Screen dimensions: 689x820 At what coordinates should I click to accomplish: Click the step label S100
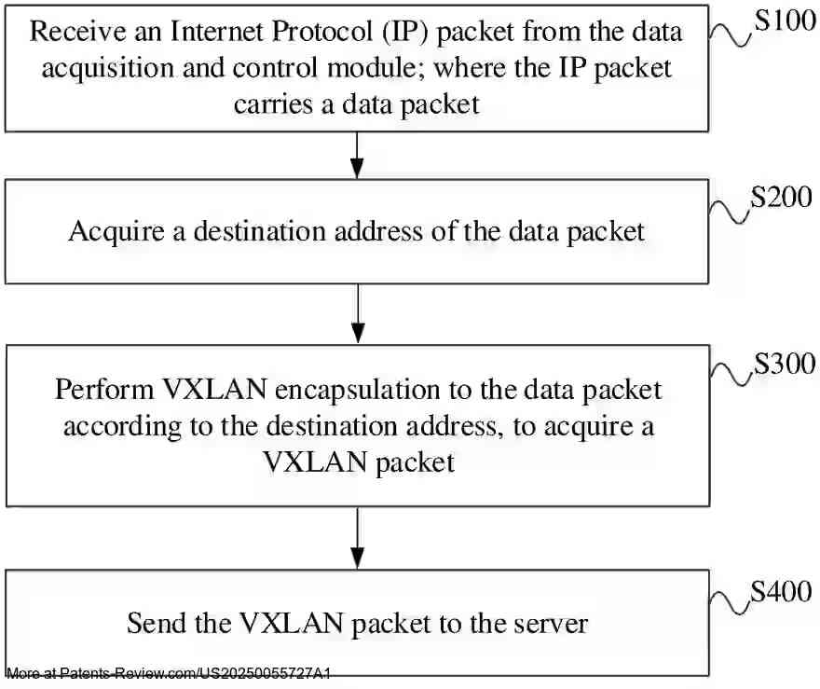pos(785,22)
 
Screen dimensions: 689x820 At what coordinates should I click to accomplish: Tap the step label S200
pos(781,200)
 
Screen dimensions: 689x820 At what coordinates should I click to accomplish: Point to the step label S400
pos(781,591)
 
